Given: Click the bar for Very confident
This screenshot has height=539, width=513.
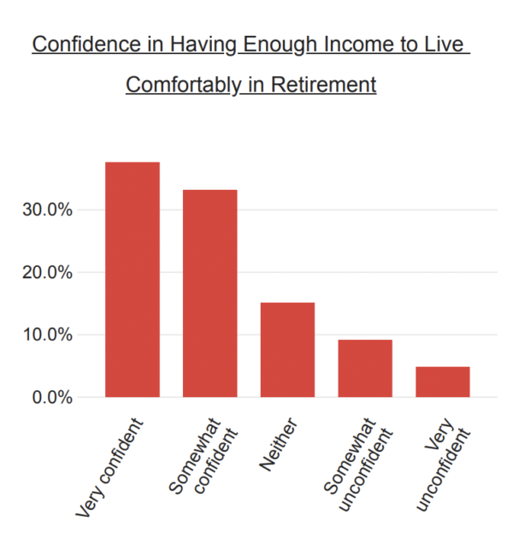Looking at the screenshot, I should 132,280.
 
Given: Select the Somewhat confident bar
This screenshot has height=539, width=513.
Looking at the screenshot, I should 209,293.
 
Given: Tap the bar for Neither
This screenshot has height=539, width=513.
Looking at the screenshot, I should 287,350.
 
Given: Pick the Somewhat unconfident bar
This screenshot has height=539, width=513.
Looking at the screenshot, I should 365,369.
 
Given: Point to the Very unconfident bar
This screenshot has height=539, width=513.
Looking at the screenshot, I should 443,382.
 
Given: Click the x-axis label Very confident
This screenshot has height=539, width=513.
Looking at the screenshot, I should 111,466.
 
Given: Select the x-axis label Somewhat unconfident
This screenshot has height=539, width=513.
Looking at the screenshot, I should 351,462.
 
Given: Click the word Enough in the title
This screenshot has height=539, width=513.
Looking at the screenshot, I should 281,44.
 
